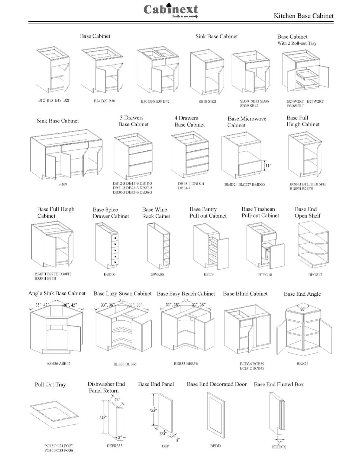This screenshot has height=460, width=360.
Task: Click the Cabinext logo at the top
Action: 171,10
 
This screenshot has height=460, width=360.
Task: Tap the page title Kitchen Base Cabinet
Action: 304,16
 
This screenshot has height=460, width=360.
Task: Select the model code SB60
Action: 63,184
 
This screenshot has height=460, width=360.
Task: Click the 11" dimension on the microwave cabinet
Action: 268,165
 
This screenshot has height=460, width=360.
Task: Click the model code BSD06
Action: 109,274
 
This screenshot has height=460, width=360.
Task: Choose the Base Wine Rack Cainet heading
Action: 156,213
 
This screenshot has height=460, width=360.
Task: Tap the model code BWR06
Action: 157,274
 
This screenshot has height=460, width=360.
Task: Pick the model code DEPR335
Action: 115,446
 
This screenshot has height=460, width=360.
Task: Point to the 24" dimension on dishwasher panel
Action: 117,400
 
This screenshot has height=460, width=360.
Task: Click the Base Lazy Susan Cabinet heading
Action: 122,294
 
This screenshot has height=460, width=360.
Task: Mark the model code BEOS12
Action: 315,275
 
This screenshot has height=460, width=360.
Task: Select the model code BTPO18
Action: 265,275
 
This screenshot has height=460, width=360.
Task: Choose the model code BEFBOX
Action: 279,447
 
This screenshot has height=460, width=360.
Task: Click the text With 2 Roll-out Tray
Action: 297,43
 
